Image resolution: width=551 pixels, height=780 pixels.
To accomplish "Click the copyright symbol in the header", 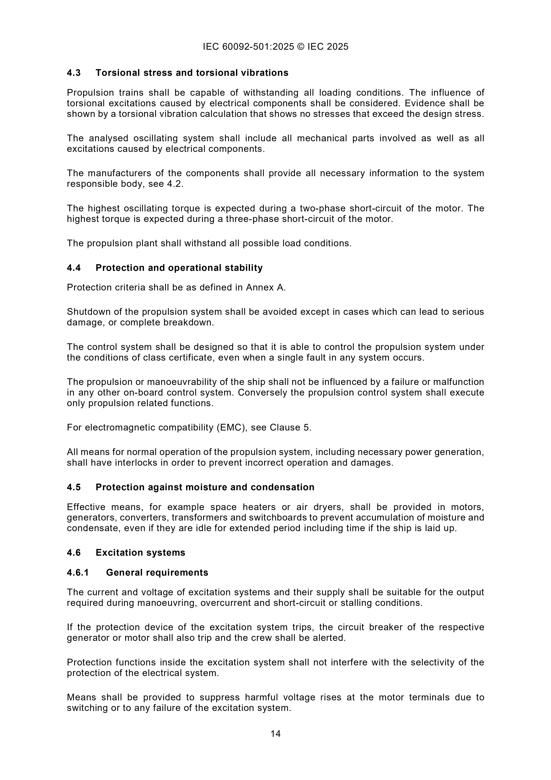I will click(300, 46).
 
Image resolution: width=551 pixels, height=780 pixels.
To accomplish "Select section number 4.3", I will click(74, 73).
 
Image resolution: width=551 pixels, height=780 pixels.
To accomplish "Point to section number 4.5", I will click(74, 487).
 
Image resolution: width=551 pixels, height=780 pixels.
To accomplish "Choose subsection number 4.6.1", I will click(78, 572).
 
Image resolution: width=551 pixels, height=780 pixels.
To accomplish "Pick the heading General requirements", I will click(157, 572).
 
